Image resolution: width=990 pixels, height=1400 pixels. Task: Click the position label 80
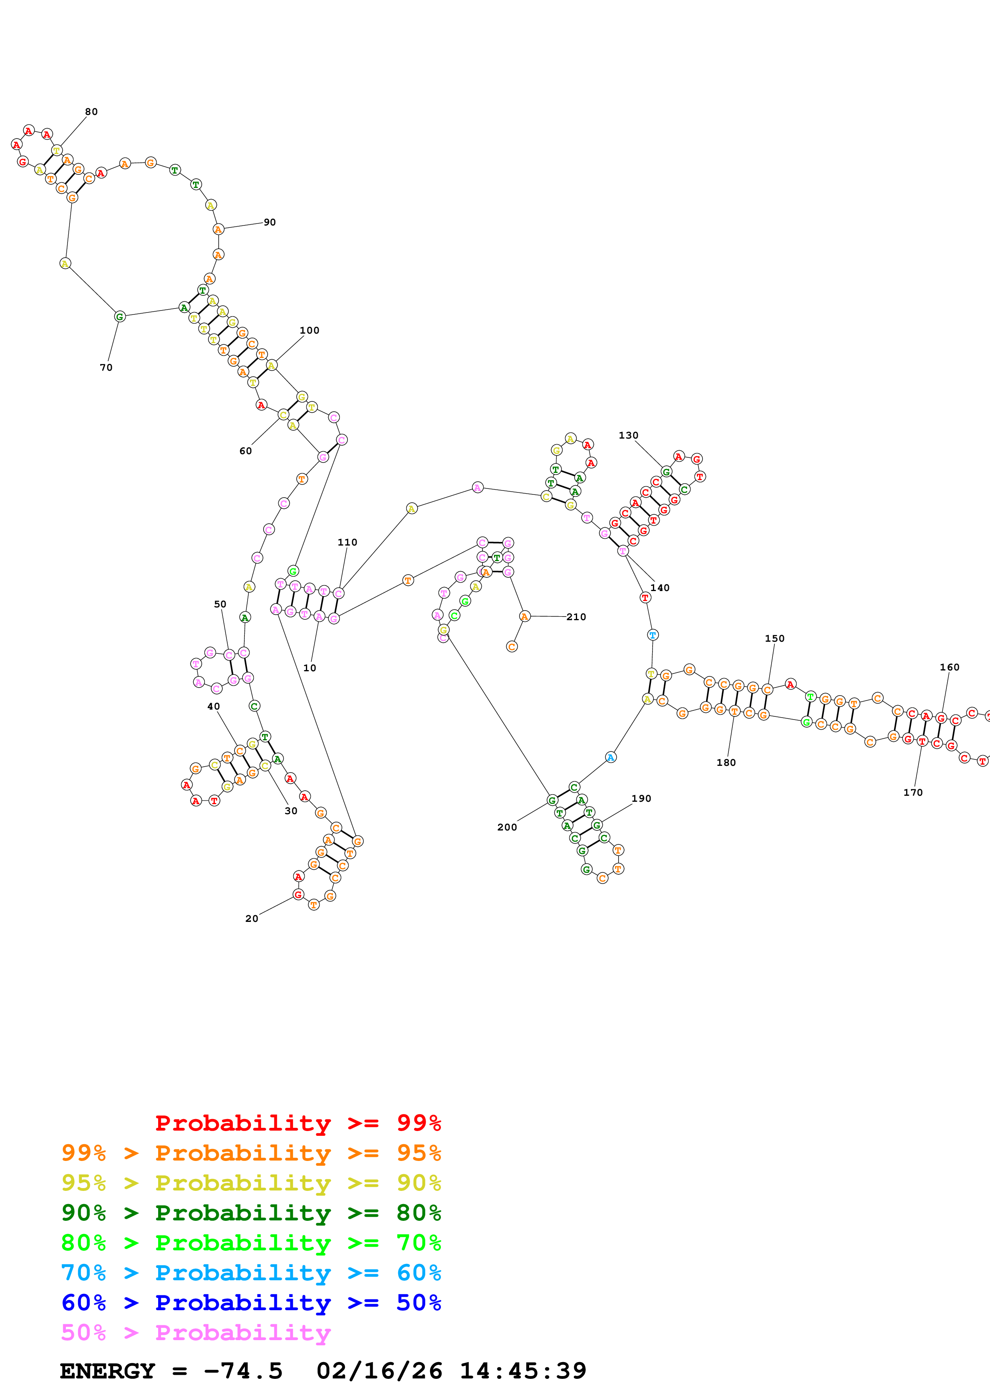pos(91,112)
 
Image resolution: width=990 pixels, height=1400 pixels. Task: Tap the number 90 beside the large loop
pos(270,222)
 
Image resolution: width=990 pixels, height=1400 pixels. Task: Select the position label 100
pos(309,330)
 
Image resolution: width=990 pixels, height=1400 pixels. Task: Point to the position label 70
pos(106,367)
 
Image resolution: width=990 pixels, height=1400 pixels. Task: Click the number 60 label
pos(245,451)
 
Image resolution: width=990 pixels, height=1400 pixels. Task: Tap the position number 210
pos(576,617)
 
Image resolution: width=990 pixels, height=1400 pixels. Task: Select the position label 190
pos(641,798)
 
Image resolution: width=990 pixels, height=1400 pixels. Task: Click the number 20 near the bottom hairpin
pos(252,918)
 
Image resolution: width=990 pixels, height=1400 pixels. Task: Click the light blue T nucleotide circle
pos(653,635)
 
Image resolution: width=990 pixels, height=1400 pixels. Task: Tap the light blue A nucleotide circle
pos(611,757)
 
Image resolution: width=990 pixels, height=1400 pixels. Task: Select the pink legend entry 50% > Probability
pos(195,1333)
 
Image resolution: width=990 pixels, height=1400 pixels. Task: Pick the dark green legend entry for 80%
pos(251,1213)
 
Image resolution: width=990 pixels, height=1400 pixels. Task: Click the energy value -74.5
pos(243,1371)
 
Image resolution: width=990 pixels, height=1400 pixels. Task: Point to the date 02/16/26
pos(379,1371)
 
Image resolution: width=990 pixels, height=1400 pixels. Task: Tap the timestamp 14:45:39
pos(523,1371)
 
